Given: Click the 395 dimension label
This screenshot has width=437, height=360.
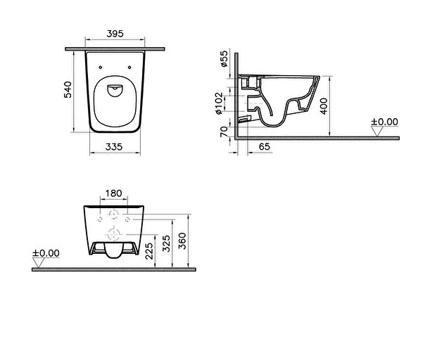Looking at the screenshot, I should [116, 32].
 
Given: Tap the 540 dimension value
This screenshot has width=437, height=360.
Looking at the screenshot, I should [69, 91].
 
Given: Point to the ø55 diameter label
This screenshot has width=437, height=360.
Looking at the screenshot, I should [224, 59].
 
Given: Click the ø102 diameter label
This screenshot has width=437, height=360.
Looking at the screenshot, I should [224, 103].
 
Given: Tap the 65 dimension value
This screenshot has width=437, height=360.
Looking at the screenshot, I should [265, 146].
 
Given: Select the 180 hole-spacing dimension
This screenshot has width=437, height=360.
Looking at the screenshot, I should [114, 193].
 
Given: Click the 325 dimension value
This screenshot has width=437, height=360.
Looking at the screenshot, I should [167, 244].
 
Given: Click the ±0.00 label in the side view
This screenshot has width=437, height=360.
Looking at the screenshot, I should [384, 122].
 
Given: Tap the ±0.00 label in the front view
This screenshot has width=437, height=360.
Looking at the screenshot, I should [46, 252].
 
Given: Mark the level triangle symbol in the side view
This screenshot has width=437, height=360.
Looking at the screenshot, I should [376, 131].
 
